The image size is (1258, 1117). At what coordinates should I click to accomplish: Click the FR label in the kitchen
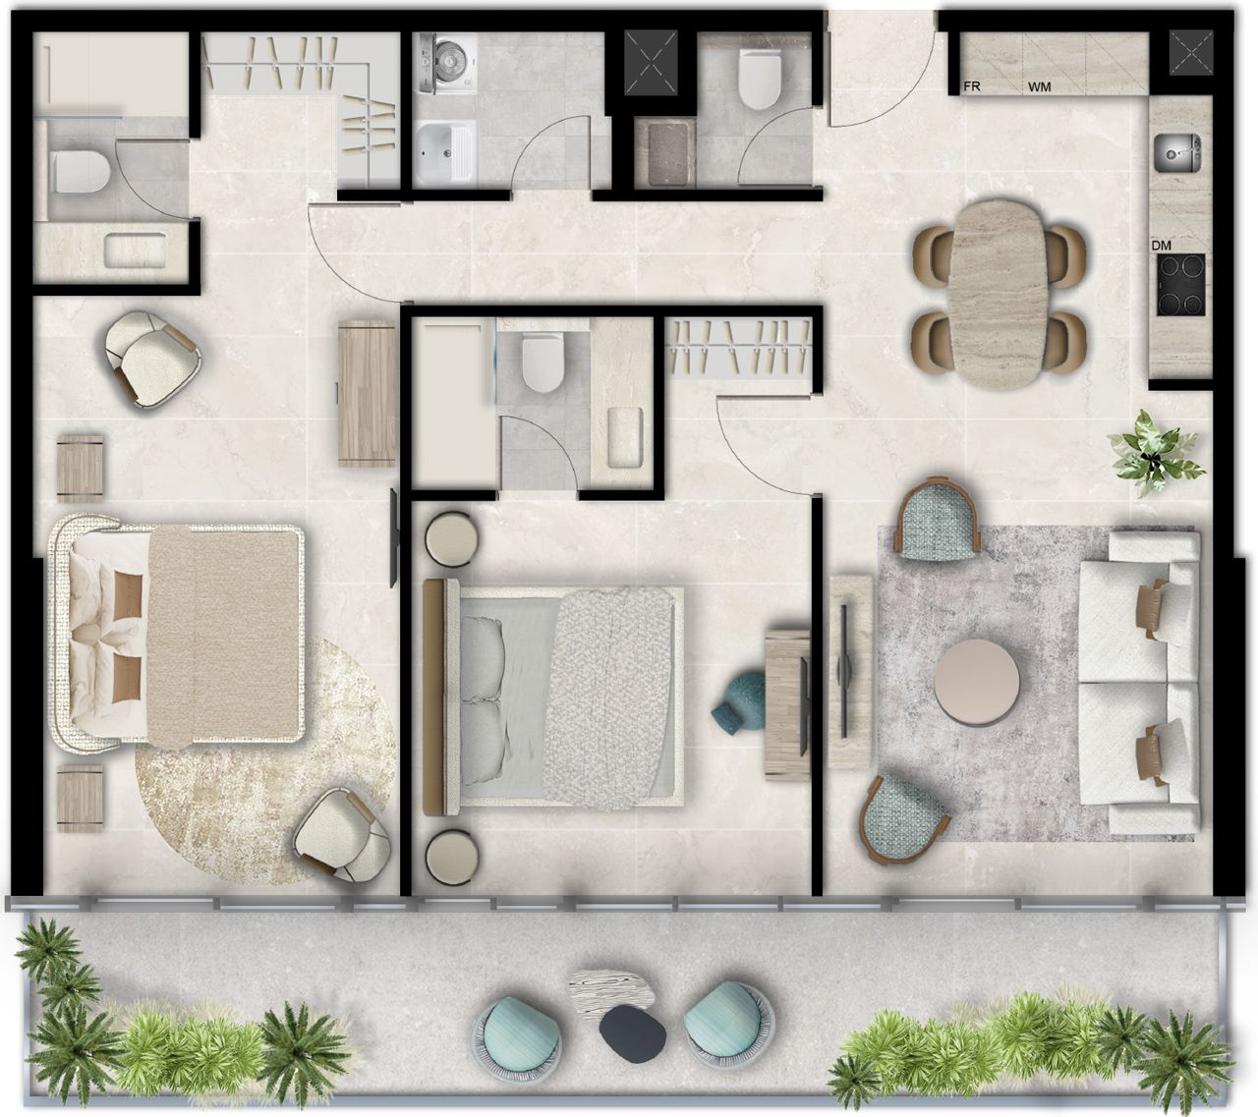[973, 86]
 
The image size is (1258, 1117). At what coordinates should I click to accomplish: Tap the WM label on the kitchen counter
[1040, 87]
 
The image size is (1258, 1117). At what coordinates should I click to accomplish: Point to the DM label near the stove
[1162, 246]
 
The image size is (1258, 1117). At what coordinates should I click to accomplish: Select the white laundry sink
[443, 153]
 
